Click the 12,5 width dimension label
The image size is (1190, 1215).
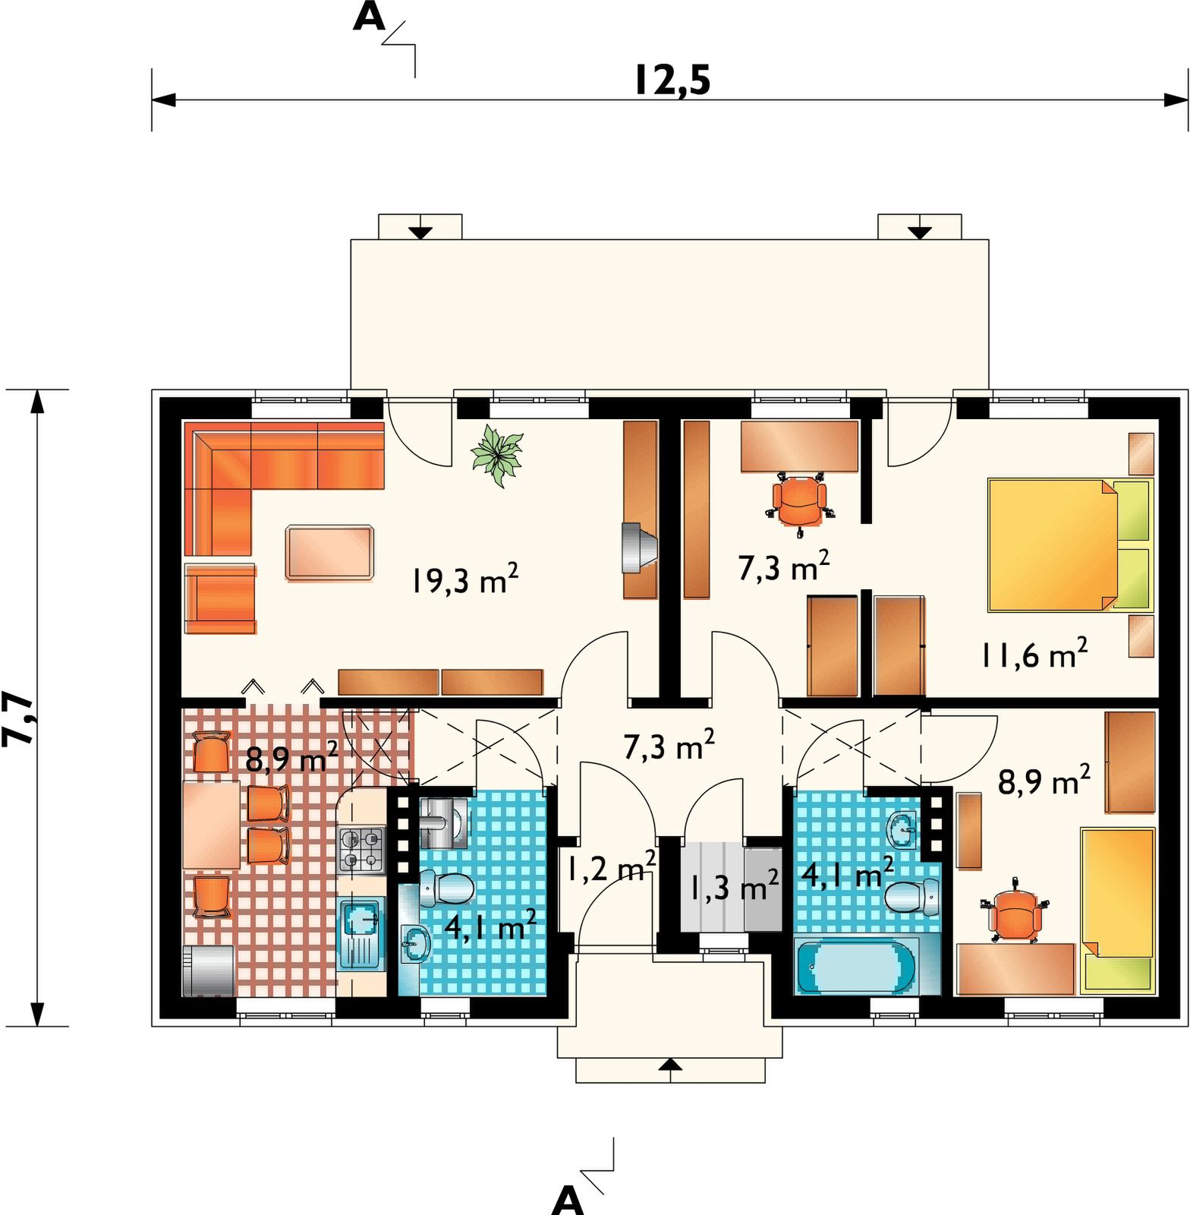coord(672,80)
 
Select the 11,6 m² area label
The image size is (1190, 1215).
coord(1034,653)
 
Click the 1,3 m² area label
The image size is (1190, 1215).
coord(734,885)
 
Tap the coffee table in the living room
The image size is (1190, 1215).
coord(330,553)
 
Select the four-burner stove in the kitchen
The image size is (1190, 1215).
coord(361,850)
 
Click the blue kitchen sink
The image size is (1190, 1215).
coord(361,933)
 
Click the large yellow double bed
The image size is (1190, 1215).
coord(1070,544)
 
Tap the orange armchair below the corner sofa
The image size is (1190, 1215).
coord(220,598)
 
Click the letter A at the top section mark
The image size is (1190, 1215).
coord(370,17)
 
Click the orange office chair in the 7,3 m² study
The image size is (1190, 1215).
coord(800,500)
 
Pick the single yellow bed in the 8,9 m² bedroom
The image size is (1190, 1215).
coord(1117,910)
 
